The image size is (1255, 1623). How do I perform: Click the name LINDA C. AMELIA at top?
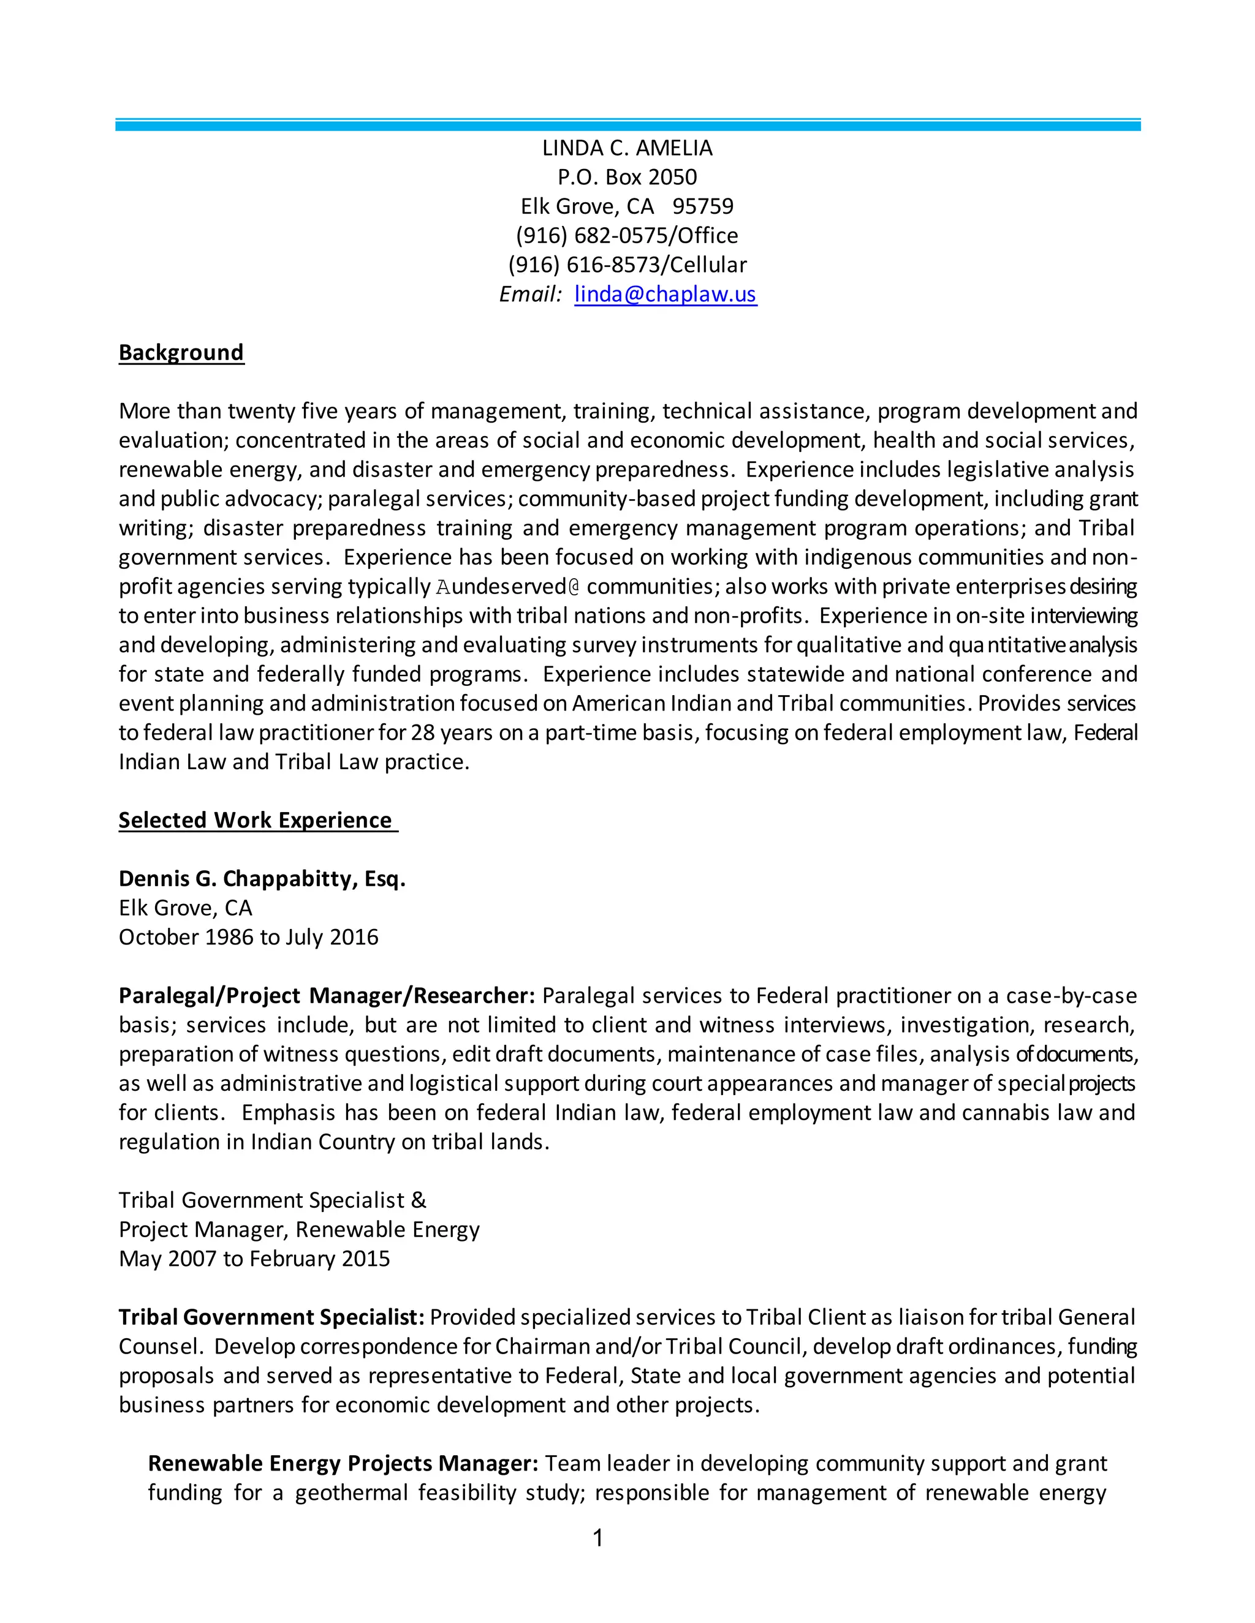tap(627, 149)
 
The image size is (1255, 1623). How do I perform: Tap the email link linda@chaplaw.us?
tap(665, 294)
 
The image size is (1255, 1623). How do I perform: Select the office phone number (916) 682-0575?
tap(593, 236)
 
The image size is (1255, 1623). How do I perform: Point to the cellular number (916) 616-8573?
tap(585, 265)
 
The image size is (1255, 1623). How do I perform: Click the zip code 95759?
tap(703, 206)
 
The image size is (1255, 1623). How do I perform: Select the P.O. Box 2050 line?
tap(627, 178)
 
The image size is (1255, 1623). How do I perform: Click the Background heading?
tap(181, 352)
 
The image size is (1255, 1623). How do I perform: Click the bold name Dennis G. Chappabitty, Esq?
tap(262, 878)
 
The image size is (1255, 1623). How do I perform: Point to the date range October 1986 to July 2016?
tap(248, 937)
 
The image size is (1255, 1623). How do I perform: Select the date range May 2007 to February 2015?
tap(254, 1258)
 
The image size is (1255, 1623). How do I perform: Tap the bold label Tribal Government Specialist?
tap(271, 1317)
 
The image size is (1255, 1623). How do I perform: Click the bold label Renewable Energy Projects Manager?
tap(343, 1463)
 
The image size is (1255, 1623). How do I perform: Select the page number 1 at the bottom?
tap(597, 1538)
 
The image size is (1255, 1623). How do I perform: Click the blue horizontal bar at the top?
tap(627, 126)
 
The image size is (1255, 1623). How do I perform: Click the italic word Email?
tap(530, 294)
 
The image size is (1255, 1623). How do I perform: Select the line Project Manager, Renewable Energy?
tap(299, 1229)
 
